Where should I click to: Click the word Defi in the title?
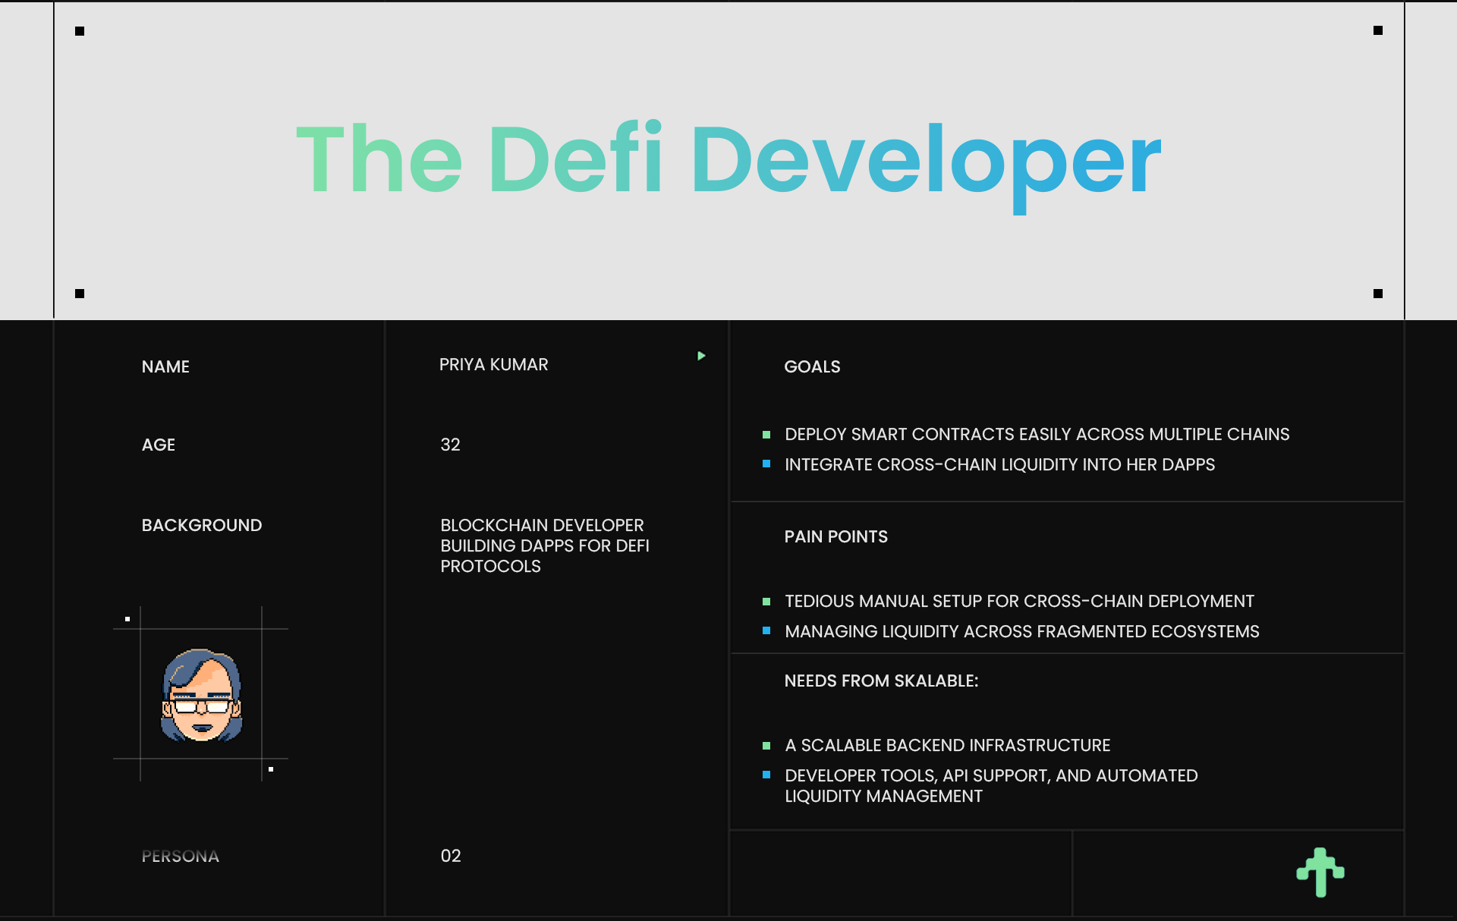pos(577,157)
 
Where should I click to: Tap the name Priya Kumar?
pos(493,365)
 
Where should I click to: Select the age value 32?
pos(450,445)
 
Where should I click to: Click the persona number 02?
pos(451,856)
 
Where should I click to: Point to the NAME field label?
pos(165,367)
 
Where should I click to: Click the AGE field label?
pos(159,445)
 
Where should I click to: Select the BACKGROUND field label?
pos(202,526)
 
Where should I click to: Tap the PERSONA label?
pos(181,857)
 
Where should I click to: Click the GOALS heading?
pos(812,367)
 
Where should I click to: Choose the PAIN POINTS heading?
pos(836,537)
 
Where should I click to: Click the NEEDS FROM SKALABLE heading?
pos(882,681)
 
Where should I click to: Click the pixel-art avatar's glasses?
pos(202,706)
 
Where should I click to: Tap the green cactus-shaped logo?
pos(1320,872)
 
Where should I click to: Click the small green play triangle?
pos(702,356)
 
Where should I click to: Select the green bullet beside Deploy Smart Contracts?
pos(766,435)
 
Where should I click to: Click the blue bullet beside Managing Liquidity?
pos(766,630)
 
